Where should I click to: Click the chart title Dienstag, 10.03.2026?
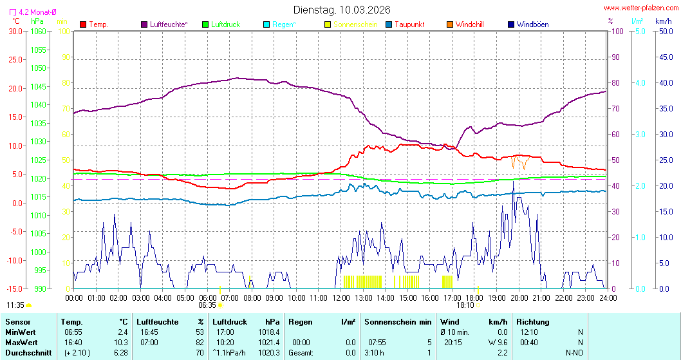[341, 10]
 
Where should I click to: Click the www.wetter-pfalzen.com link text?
[640, 8]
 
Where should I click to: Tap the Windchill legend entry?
[469, 24]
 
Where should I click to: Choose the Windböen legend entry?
[532, 24]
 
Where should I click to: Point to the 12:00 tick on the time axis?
[341, 298]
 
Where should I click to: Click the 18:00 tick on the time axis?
[474, 298]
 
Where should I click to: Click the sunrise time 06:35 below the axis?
[207, 305]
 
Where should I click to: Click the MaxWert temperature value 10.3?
[121, 342]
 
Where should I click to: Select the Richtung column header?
[532, 321]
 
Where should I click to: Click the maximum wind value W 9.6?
[498, 342]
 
